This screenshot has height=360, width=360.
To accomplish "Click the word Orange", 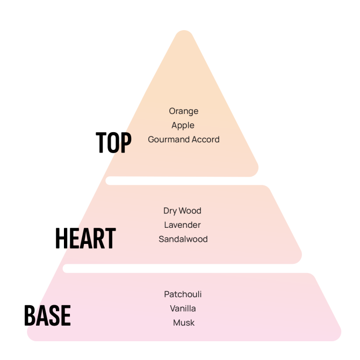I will pos(184,111).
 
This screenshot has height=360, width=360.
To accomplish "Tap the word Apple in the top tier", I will pos(183,125).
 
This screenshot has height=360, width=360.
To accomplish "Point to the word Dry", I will pos(170,211).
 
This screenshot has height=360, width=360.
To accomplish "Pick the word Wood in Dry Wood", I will pos(190,211).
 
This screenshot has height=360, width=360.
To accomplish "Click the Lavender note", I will pos(183,225).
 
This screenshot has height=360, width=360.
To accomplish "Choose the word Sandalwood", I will pos(183,239).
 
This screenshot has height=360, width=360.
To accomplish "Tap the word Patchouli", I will pos(183,294).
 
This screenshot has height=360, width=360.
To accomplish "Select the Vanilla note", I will pos(183,308).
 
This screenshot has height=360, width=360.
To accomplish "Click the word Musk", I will pos(184,323).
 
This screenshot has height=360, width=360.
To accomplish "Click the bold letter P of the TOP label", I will pos(125,143).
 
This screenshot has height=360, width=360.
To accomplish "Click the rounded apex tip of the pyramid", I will pos(183,34).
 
